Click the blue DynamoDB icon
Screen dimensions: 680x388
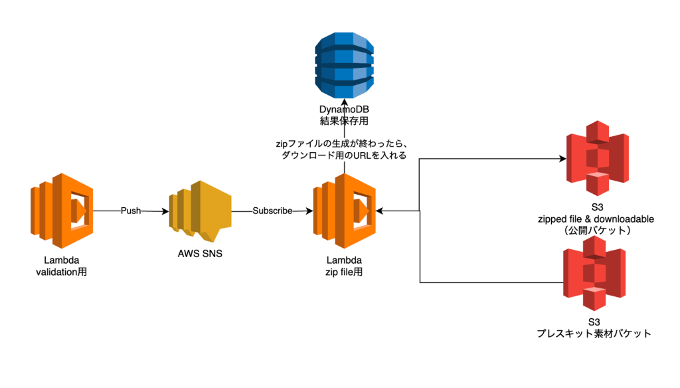click(x=344, y=66)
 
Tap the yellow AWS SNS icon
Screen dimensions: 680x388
click(x=200, y=211)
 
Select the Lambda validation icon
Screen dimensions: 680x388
click(x=62, y=211)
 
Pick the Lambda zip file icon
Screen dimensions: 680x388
click(x=345, y=211)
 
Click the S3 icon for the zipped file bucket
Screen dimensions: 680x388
click(x=598, y=158)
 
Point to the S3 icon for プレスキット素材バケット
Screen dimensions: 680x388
click(x=594, y=274)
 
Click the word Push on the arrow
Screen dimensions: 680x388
click(x=131, y=211)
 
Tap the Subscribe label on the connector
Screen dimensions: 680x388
click(x=272, y=211)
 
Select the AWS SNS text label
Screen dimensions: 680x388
click(x=200, y=254)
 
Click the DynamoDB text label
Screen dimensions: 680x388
click(x=344, y=110)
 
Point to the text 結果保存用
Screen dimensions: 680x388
click(x=344, y=121)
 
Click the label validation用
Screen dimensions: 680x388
click(x=62, y=272)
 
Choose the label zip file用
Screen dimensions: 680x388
click(x=345, y=272)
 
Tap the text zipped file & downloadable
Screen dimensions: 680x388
click(x=596, y=219)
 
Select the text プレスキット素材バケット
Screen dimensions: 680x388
click(x=594, y=334)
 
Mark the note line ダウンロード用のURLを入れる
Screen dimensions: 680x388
click(x=344, y=155)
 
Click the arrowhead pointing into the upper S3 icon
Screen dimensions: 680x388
click(x=562, y=159)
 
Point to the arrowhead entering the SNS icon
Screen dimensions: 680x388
click(x=165, y=211)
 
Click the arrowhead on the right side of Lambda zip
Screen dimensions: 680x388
click(x=379, y=211)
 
